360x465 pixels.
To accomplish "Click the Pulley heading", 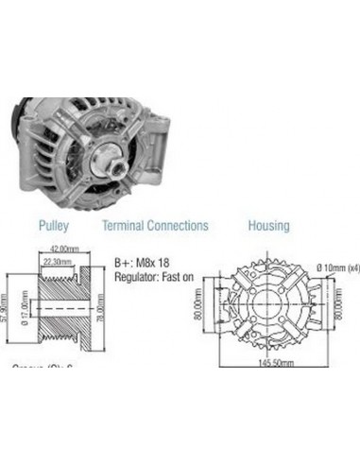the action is [x=52, y=226].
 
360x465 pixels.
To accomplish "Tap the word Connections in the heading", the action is [x=180, y=226].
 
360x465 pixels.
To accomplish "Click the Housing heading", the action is [x=268, y=226].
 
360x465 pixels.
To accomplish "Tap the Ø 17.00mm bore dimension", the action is [x=25, y=309].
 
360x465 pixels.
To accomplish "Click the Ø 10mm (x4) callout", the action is [x=338, y=267].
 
